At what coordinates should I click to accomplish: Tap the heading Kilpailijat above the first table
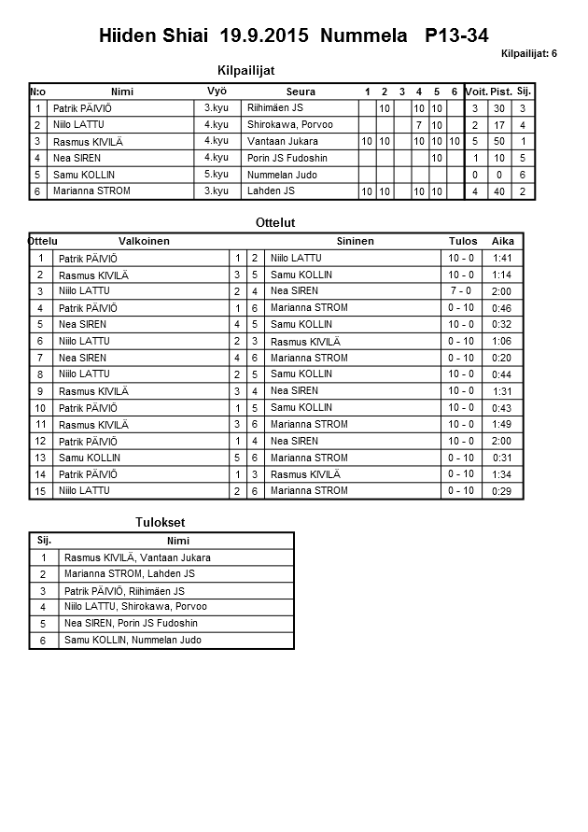point(245,70)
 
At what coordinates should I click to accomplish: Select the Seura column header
point(301,92)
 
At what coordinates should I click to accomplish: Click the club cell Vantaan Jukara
point(283,141)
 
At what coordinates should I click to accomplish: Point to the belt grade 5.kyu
point(216,174)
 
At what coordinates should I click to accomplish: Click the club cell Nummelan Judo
point(283,175)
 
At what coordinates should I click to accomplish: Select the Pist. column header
point(501,92)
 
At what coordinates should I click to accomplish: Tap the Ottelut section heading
point(274,223)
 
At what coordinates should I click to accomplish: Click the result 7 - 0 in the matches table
point(461,291)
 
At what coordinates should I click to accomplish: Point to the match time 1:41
point(502,258)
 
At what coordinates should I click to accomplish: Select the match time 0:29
point(502,491)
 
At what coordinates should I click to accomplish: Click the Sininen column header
point(355,241)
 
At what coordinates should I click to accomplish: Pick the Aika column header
point(503,241)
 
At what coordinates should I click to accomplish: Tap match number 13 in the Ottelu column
point(40,458)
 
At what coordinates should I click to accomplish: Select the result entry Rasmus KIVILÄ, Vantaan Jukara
point(137,557)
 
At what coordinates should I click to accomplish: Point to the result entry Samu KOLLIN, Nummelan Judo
point(133,641)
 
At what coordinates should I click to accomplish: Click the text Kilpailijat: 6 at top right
point(528,53)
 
